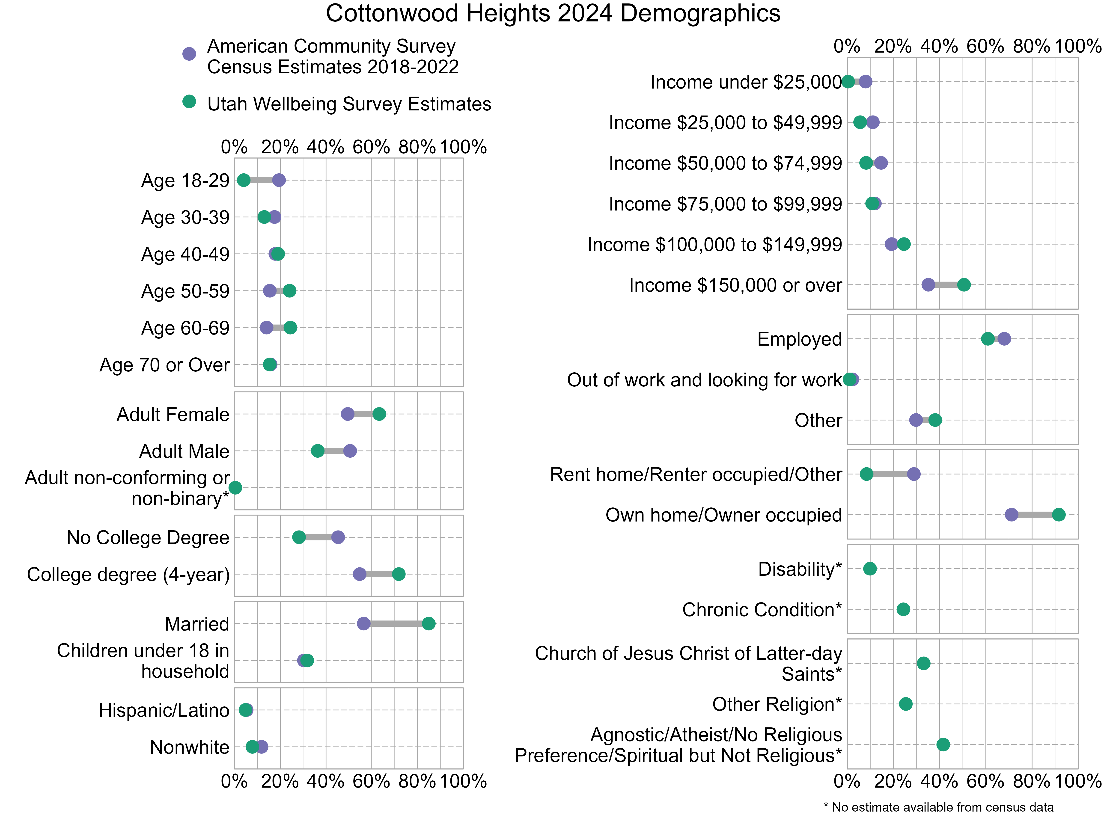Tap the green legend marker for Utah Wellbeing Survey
(x=189, y=102)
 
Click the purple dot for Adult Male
(x=350, y=451)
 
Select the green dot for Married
(x=429, y=623)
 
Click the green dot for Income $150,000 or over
(x=963, y=285)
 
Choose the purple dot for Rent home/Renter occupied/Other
(x=913, y=474)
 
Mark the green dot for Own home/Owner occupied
(x=1059, y=514)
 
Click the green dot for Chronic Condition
(x=903, y=609)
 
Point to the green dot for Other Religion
(x=905, y=704)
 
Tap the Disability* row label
(x=799, y=569)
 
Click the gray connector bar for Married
(x=396, y=623)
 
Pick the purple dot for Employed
(x=1004, y=339)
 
